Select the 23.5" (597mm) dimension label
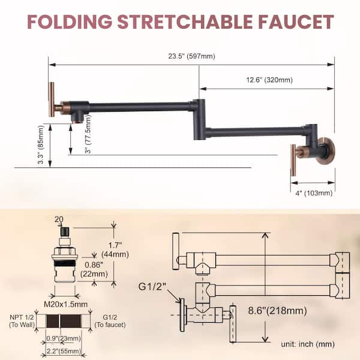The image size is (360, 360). (x=191, y=56)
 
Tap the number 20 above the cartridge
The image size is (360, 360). (x=58, y=220)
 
